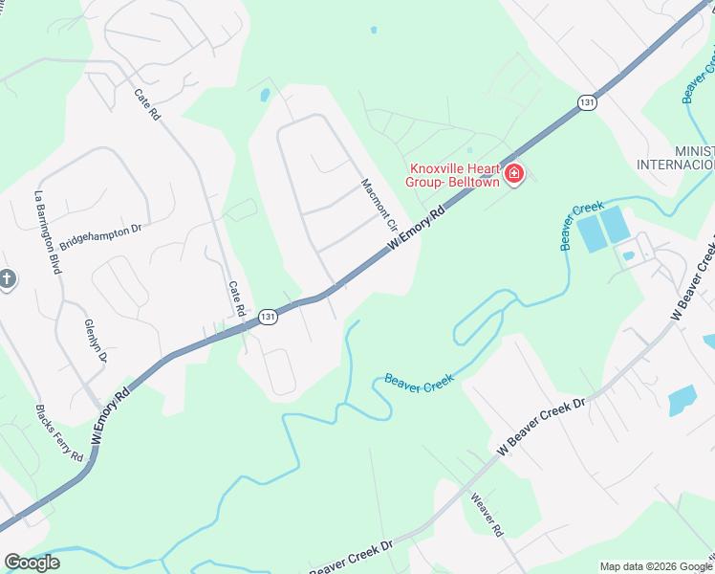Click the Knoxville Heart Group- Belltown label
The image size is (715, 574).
(455, 172)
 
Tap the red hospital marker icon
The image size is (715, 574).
(514, 173)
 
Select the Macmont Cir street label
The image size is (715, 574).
(379, 205)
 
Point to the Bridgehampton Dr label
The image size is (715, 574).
(100, 236)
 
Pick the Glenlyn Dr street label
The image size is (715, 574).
(96, 341)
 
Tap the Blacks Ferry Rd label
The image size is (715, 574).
(59, 432)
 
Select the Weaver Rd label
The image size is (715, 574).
(486, 514)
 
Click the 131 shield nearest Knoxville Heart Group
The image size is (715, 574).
(587, 102)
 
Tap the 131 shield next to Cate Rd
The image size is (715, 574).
(269, 317)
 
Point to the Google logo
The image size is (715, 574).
(32, 563)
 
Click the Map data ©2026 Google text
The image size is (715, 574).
(656, 566)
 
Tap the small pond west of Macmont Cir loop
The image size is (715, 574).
(265, 95)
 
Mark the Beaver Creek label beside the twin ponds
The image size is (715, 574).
(583, 226)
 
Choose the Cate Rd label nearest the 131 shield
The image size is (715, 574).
(237, 298)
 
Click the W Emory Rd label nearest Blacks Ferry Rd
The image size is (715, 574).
(109, 414)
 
